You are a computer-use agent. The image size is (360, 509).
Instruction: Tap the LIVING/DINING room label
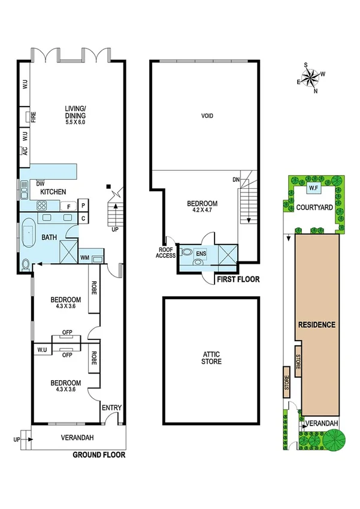point(75,112)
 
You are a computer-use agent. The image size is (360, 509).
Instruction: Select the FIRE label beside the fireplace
point(34,116)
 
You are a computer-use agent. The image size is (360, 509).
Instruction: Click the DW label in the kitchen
point(40,184)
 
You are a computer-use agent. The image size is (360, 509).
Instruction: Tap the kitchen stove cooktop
point(44,206)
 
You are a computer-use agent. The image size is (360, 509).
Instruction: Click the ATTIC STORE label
point(211,358)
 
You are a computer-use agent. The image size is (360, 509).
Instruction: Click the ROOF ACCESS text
point(166,252)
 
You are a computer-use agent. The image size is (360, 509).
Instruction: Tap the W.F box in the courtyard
point(314,189)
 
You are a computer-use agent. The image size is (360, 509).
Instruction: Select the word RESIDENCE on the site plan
point(316,324)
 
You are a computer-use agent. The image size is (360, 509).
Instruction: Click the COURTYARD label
point(314,207)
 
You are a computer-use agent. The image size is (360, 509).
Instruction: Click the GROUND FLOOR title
point(99,454)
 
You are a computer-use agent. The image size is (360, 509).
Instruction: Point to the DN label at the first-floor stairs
point(236,180)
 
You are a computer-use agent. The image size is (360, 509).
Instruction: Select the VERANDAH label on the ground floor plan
point(77,437)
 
